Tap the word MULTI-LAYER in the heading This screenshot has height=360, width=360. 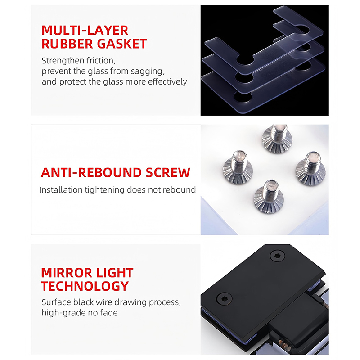point(85,31)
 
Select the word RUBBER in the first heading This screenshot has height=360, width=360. point(67,44)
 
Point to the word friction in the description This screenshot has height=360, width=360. point(101,61)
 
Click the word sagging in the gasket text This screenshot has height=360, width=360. point(148,72)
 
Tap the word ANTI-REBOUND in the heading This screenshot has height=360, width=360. point(91,173)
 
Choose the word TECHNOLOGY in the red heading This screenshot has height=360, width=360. point(85,286)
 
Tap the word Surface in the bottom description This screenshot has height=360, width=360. point(56,302)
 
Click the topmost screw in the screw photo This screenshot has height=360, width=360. point(277,139)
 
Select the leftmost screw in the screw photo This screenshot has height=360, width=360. point(238,167)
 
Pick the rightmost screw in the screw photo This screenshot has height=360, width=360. point(310,169)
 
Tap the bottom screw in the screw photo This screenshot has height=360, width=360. point(269,197)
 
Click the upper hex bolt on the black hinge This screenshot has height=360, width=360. point(277,256)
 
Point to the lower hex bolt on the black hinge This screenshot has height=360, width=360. point(224,298)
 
